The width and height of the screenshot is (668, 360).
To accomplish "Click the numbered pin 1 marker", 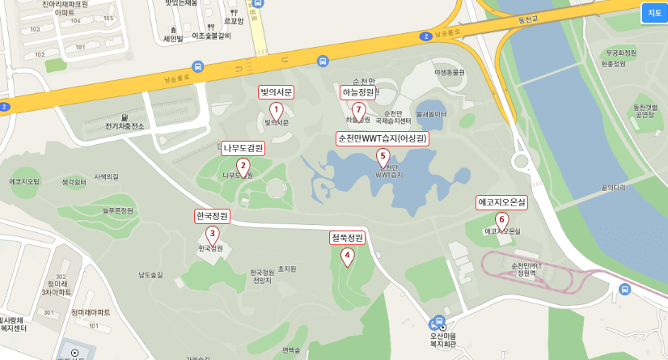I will pyautogui.click(x=276, y=110).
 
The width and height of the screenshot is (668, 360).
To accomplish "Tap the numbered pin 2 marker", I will pyautogui.click(x=243, y=166).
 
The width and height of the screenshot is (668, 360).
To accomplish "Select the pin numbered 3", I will pyautogui.click(x=213, y=234).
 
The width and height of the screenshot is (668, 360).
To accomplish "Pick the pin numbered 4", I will pyautogui.click(x=348, y=256).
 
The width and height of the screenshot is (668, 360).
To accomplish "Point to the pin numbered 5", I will pyautogui.click(x=383, y=157).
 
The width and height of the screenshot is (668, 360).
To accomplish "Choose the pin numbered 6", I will pyautogui.click(x=501, y=220).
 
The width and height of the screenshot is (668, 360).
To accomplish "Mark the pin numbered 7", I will pyautogui.click(x=359, y=110).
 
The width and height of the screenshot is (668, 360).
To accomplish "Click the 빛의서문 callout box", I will pyautogui.click(x=276, y=92).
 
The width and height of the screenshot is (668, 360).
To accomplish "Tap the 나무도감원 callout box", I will pyautogui.click(x=243, y=148).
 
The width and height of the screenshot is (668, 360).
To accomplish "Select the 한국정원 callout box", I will pyautogui.click(x=213, y=216).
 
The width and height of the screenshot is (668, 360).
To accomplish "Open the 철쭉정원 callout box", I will pyautogui.click(x=348, y=238).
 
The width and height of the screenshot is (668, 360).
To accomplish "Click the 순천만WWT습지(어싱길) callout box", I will pyautogui.click(x=383, y=138).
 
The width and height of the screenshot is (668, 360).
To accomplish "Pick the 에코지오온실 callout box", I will pyautogui.click(x=501, y=202).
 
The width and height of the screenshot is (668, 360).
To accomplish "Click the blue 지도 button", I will pyautogui.click(x=653, y=12).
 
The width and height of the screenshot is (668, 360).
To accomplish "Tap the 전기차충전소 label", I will pyautogui.click(x=125, y=126).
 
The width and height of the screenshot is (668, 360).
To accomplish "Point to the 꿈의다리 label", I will pyautogui.click(x=613, y=188).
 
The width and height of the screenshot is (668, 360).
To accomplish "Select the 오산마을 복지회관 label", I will pyautogui.click(x=442, y=341).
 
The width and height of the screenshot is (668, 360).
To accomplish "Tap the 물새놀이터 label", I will pyautogui.click(x=431, y=114).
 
